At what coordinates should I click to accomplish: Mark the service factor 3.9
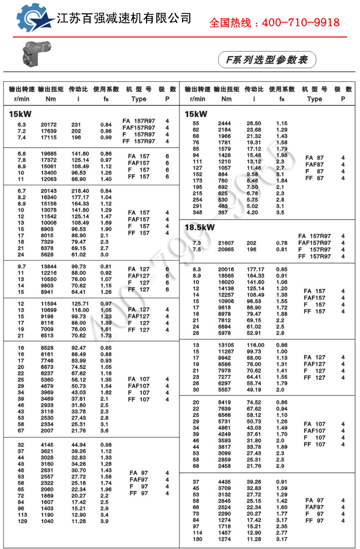tap(105, 521)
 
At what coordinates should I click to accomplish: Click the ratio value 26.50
tap(254, 123)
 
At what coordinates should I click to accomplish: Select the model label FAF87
tap(314, 164)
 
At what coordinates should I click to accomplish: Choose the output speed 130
tap(196, 539)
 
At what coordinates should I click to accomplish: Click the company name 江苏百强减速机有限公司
tap(124, 18)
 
